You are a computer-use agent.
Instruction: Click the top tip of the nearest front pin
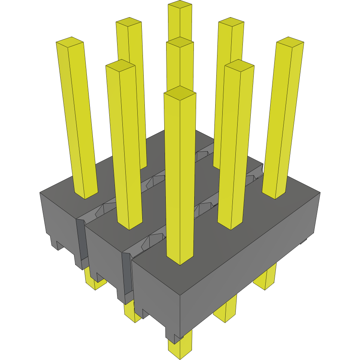click(180, 92)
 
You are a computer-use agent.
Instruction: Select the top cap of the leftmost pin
click(70, 42)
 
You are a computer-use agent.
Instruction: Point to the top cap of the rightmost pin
click(290, 42)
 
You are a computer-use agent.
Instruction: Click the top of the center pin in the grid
click(180, 42)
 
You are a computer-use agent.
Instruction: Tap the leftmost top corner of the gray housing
click(40, 193)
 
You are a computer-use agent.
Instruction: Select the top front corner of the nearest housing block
click(180, 296)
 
